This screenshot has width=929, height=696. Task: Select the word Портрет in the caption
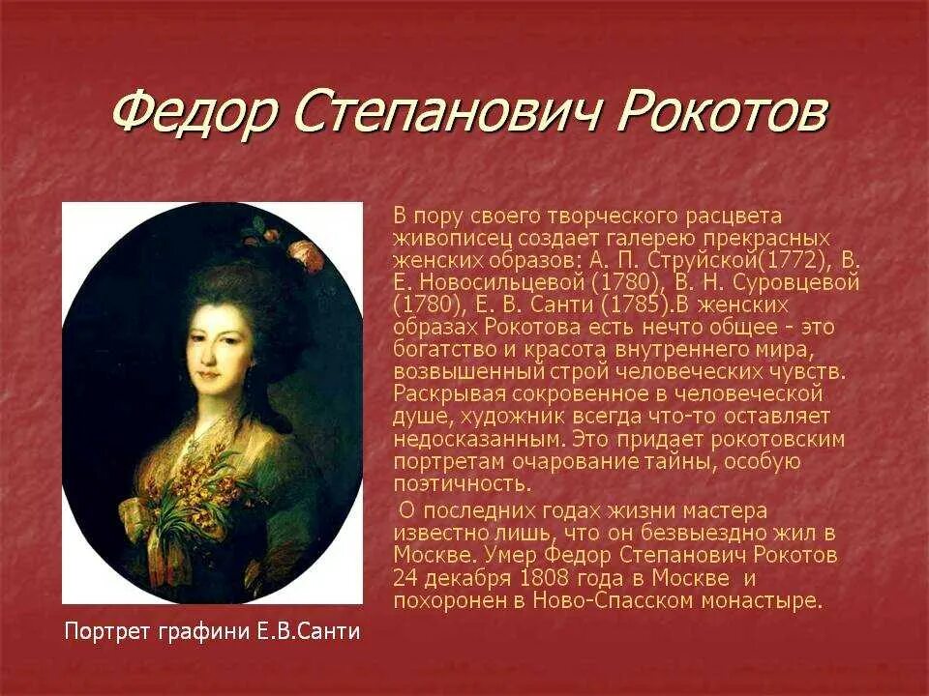(103, 632)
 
